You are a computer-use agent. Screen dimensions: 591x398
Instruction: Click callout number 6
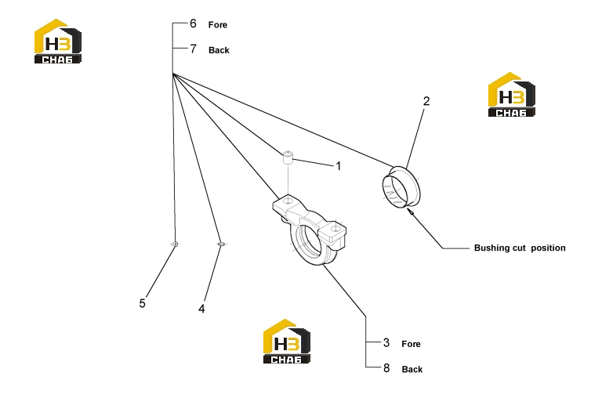click(x=193, y=24)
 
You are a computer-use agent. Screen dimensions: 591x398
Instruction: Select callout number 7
click(x=193, y=49)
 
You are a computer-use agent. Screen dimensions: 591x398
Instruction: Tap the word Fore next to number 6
click(x=218, y=25)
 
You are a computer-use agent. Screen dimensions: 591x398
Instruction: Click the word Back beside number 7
click(x=219, y=50)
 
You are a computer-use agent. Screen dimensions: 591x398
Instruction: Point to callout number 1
click(x=339, y=166)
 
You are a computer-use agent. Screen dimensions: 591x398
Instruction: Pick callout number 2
click(x=426, y=101)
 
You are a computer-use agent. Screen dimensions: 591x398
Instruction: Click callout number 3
click(x=386, y=342)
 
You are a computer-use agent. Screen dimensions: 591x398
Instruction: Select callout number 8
click(x=386, y=368)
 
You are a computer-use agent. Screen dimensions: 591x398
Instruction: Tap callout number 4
click(x=201, y=309)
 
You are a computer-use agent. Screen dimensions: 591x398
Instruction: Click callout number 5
click(x=142, y=303)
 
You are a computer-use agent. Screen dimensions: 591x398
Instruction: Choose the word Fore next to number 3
click(x=412, y=344)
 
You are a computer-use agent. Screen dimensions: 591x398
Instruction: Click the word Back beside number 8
click(x=412, y=369)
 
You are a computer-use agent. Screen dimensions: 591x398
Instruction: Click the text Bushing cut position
click(x=520, y=248)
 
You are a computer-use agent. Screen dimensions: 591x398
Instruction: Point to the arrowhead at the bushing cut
click(x=410, y=212)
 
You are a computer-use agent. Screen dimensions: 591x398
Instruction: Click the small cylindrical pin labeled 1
click(x=288, y=157)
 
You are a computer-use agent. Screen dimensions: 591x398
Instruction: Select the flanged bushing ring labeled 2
click(x=401, y=186)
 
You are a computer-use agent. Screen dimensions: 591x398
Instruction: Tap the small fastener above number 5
click(x=175, y=244)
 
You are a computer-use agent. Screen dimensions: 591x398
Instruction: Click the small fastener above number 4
click(x=222, y=244)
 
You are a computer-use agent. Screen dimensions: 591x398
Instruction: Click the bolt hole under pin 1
click(x=288, y=201)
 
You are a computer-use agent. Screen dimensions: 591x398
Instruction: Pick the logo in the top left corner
click(x=58, y=41)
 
